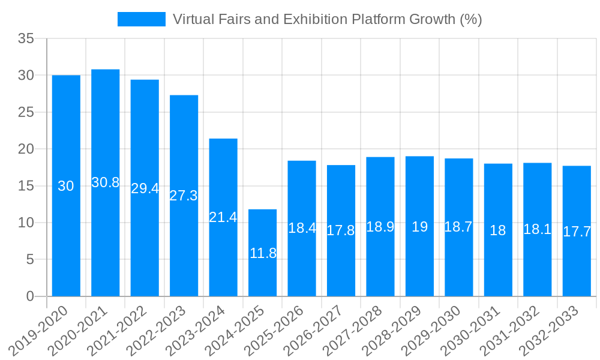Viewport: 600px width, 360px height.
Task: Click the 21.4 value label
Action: [223, 217]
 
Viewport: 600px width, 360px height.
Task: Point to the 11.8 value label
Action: [263, 253]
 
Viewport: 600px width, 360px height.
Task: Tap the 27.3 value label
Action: [184, 196]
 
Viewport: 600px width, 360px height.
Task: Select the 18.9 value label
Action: [380, 227]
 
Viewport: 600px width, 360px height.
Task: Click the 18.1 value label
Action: [538, 229]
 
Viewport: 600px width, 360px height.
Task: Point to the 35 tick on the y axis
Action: [26, 38]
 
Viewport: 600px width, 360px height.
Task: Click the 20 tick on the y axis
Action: [26, 149]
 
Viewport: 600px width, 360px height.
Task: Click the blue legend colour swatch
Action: [142, 19]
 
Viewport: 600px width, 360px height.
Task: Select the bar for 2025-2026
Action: [302, 228]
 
